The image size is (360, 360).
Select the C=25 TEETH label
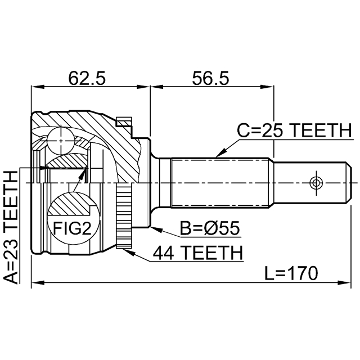(x=293, y=131)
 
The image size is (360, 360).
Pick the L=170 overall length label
(x=291, y=274)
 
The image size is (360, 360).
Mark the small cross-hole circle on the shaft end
(x=316, y=183)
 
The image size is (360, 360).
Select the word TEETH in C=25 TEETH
(x=319, y=131)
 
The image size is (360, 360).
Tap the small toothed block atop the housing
(x=123, y=121)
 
